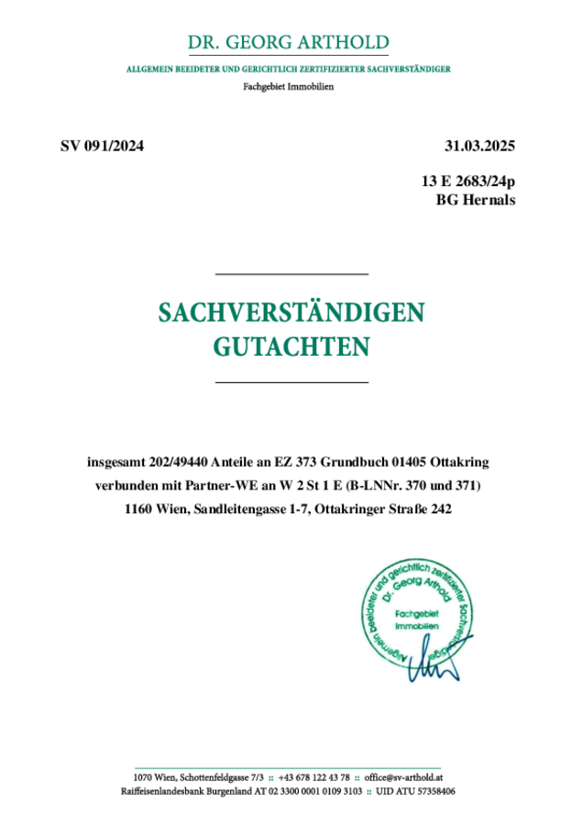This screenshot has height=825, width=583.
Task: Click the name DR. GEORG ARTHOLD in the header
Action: point(288,43)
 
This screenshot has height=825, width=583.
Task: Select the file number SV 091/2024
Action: point(102,146)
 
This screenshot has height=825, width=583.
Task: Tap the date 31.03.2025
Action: point(480,146)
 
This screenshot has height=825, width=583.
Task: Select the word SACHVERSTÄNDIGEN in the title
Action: point(291,313)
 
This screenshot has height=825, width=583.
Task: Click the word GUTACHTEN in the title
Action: point(291,346)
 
